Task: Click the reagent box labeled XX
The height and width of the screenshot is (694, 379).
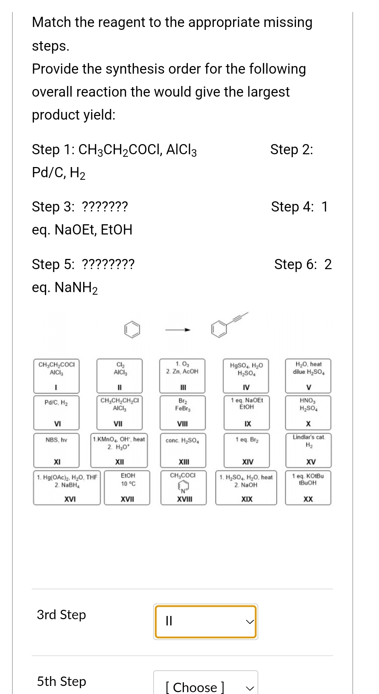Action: [308, 488]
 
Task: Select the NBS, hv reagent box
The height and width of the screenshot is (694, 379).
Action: [56, 450]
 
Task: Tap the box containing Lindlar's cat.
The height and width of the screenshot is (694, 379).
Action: [308, 450]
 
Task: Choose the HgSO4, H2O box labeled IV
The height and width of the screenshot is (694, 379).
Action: [246, 375]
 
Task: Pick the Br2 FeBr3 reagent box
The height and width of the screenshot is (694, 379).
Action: [182, 412]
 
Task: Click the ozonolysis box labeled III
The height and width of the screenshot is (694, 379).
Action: [182, 375]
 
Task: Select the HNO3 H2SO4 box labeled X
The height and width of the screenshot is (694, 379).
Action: [308, 412]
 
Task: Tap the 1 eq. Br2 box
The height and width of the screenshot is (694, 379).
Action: [247, 450]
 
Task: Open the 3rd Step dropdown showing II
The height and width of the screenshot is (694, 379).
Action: [206, 621]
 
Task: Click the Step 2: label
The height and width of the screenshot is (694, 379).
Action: [291, 150]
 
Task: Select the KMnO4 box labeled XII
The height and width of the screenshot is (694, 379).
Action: [119, 450]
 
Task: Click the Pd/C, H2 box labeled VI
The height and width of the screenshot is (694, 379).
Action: [56, 412]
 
